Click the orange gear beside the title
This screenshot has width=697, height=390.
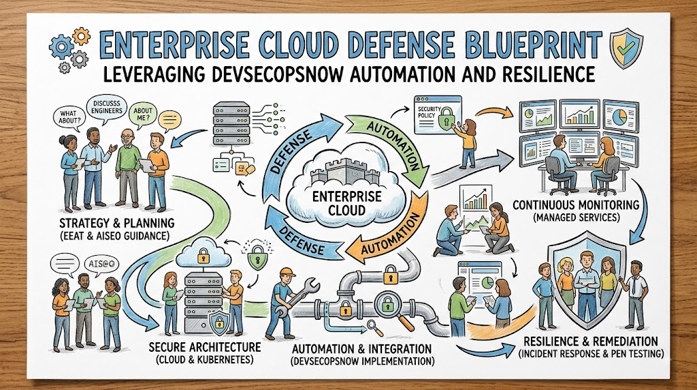[x=82, y=36]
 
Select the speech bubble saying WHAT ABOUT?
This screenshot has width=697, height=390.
[x=70, y=117]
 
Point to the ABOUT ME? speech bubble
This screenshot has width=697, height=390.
[x=143, y=115]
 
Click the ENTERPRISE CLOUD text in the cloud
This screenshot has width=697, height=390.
[x=340, y=202]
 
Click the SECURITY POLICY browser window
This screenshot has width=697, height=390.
[x=436, y=115]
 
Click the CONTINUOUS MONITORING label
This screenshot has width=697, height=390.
[x=576, y=205]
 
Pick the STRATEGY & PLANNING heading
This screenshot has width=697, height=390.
[x=116, y=222]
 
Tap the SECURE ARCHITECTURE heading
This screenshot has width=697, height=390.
[x=204, y=347]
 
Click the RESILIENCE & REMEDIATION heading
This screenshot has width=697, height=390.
[x=591, y=342]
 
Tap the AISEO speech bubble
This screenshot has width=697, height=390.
[x=101, y=264]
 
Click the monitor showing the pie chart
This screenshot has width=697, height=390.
[x=621, y=116]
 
